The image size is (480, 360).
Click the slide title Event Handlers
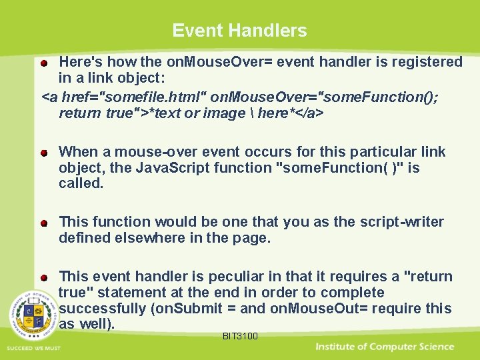[239, 31]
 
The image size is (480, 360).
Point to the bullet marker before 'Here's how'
[43, 63]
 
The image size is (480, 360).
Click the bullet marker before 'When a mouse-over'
[43, 153]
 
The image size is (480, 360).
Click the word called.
[81, 184]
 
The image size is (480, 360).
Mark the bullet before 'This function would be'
[43, 223]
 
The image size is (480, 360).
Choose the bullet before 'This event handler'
[43, 277]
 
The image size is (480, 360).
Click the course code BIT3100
[240, 336]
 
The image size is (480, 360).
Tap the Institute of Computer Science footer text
[385, 347]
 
